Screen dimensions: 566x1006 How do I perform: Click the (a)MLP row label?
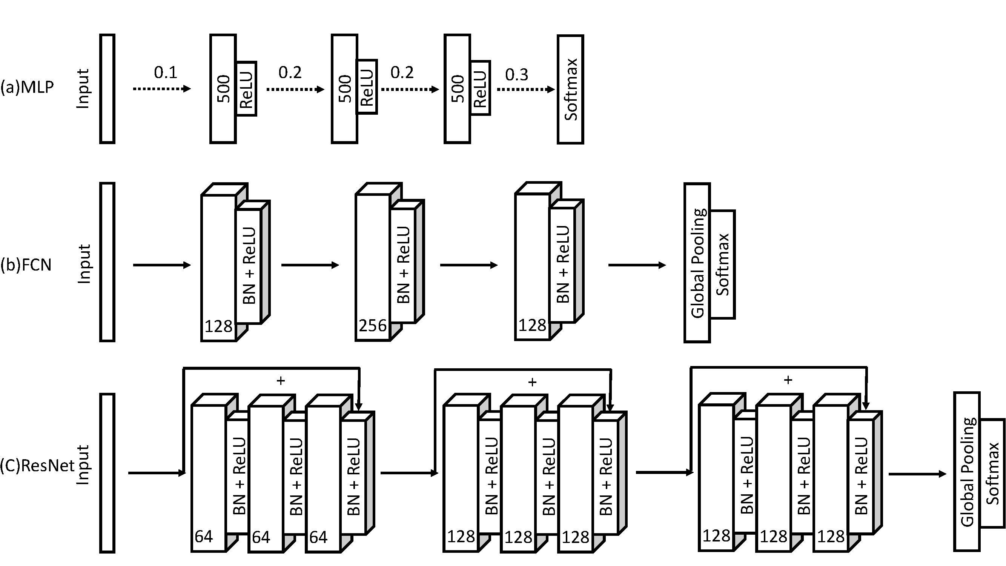pos(27,87)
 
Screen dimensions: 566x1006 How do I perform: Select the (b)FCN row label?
pos(26,265)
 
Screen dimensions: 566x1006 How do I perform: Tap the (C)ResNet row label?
pos(37,466)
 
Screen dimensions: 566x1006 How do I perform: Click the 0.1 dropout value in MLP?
pos(165,73)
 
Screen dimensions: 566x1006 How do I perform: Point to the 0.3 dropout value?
pos(516,75)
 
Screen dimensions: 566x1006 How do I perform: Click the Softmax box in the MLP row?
pos(570,89)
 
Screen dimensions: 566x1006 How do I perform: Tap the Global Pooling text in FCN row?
pos(698,263)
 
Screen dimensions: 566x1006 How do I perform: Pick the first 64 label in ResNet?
pos(203,537)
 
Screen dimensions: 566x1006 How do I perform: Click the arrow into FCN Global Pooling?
pos(637,265)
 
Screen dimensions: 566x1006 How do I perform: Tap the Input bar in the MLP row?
pos(107,89)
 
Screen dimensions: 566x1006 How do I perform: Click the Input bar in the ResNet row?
pos(107,473)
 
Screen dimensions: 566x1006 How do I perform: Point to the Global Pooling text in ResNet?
pos(967,472)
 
